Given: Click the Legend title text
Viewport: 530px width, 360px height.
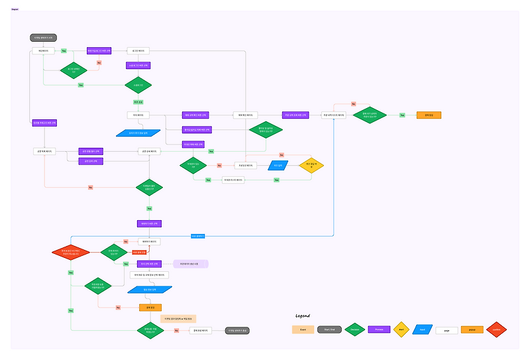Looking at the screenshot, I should click(x=303, y=316).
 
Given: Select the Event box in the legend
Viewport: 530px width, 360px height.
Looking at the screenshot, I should click(x=303, y=330).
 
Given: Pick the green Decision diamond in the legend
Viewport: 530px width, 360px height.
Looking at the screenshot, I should click(x=354, y=330).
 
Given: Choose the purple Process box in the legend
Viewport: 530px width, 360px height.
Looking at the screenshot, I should click(x=379, y=330).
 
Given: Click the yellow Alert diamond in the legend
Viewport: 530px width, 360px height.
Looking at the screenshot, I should click(x=400, y=330).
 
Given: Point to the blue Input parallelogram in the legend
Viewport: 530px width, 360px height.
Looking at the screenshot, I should click(x=421, y=330).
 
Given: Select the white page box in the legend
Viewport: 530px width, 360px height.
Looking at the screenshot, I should click(x=447, y=330).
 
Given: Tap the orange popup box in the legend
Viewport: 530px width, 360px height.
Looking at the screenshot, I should click(x=472, y=330).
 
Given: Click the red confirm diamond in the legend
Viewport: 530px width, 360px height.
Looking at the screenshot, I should click(x=496, y=330).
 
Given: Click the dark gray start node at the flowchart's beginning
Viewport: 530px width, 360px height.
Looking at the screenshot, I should click(x=42, y=38).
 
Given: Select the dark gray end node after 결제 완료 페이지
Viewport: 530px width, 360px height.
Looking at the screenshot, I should click(x=237, y=330).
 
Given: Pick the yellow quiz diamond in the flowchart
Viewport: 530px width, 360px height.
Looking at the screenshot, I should click(x=310, y=165).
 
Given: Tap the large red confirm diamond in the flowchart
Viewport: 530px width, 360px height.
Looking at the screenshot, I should click(x=70, y=252).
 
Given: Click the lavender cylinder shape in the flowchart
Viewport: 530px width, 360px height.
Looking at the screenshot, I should click(x=191, y=264).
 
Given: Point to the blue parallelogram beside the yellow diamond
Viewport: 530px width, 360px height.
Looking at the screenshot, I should click(x=278, y=165).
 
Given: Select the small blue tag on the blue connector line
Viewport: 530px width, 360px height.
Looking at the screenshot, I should click(x=198, y=235).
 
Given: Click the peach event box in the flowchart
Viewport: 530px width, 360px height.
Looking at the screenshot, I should click(x=173, y=319).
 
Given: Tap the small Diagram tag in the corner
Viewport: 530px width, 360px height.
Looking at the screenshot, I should click(x=15, y=9).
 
